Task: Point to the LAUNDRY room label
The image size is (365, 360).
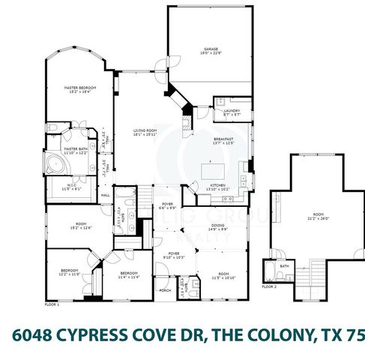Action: coord(232,110)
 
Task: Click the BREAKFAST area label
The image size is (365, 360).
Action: coord(224,139)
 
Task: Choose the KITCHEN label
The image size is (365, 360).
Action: coord(217,184)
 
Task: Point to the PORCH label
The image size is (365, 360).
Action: coord(164,289)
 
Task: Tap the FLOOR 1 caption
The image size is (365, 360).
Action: coord(52,305)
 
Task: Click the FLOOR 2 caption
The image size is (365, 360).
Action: coord(268,286)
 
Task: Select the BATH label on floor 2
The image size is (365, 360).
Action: coord(284,265)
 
